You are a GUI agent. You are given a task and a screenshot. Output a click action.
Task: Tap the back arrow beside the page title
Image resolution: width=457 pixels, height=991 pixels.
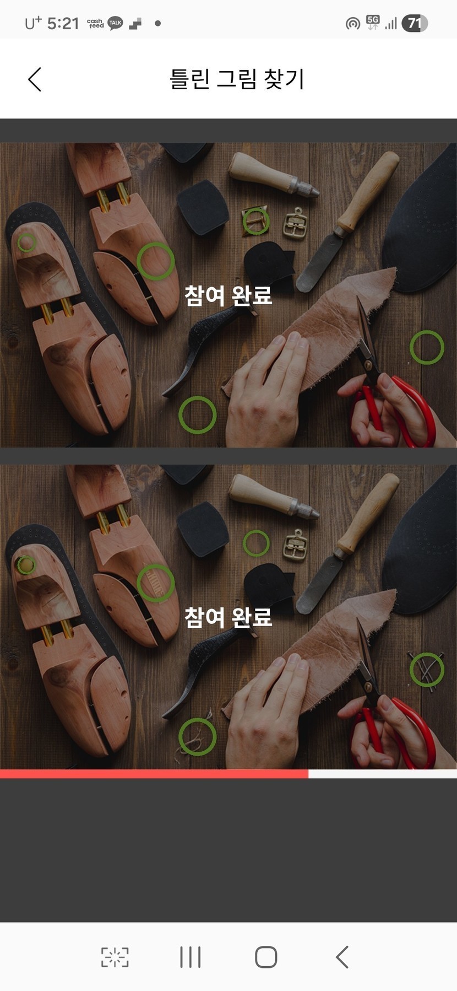pyautogui.click(x=35, y=79)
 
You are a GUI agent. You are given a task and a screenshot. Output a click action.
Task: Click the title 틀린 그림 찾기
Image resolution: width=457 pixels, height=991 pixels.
pyautogui.click(x=237, y=79)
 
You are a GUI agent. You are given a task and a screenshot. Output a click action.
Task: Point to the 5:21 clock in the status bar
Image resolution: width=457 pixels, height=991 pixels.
pyautogui.click(x=63, y=23)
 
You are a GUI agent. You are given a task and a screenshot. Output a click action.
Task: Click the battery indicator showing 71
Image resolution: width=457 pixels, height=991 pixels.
pyautogui.click(x=415, y=23)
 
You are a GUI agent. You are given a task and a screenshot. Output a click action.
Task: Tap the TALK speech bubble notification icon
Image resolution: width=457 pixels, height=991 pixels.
pyautogui.click(x=115, y=23)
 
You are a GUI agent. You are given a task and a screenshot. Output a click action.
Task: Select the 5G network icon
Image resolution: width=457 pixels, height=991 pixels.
pyautogui.click(x=373, y=23)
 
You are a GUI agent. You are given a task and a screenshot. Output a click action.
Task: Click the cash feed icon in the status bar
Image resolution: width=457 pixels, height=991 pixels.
pyautogui.click(x=95, y=23)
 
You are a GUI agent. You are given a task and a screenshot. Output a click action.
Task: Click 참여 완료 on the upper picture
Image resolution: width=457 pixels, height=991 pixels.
pyautogui.click(x=228, y=295)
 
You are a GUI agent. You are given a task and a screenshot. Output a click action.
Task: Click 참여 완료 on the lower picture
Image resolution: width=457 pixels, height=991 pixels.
pyautogui.click(x=228, y=617)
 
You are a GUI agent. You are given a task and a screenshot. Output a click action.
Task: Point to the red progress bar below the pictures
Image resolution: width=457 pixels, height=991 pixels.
pyautogui.click(x=154, y=774)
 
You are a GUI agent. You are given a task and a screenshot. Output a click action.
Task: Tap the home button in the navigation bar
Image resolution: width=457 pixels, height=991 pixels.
pyautogui.click(x=266, y=957)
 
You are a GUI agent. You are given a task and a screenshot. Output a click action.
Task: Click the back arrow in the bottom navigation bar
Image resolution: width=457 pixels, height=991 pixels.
pyautogui.click(x=342, y=957)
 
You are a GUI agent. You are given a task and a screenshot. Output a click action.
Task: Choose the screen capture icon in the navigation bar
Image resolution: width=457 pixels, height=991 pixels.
pyautogui.click(x=115, y=957)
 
